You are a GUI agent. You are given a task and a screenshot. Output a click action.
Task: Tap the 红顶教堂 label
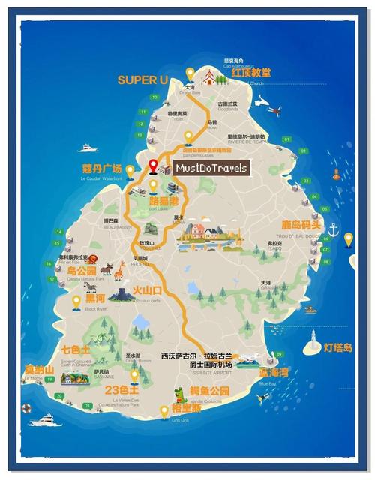pyautogui.click(x=251, y=73)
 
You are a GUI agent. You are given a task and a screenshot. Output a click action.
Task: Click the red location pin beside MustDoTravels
pyautogui.click(x=153, y=166)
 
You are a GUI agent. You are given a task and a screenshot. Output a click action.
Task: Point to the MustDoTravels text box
pyautogui.click(x=211, y=169)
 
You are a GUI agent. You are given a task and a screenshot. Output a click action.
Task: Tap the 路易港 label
pyautogui.click(x=164, y=201)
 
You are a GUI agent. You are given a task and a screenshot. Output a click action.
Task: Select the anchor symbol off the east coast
pyautogui.click(x=334, y=228)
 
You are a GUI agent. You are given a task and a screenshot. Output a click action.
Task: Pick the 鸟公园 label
pyautogui.click(x=82, y=270)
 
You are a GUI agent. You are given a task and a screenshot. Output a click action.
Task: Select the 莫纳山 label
pyautogui.click(x=39, y=369)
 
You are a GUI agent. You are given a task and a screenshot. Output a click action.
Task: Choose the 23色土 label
pyautogui.click(x=121, y=390)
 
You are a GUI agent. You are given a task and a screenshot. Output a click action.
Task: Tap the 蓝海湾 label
pyautogui.click(x=274, y=373)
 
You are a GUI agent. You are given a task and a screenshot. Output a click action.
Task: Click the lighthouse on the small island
pyautogui.click(x=308, y=344)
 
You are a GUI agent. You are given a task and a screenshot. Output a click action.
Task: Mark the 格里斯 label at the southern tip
pyautogui.click(x=186, y=409)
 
